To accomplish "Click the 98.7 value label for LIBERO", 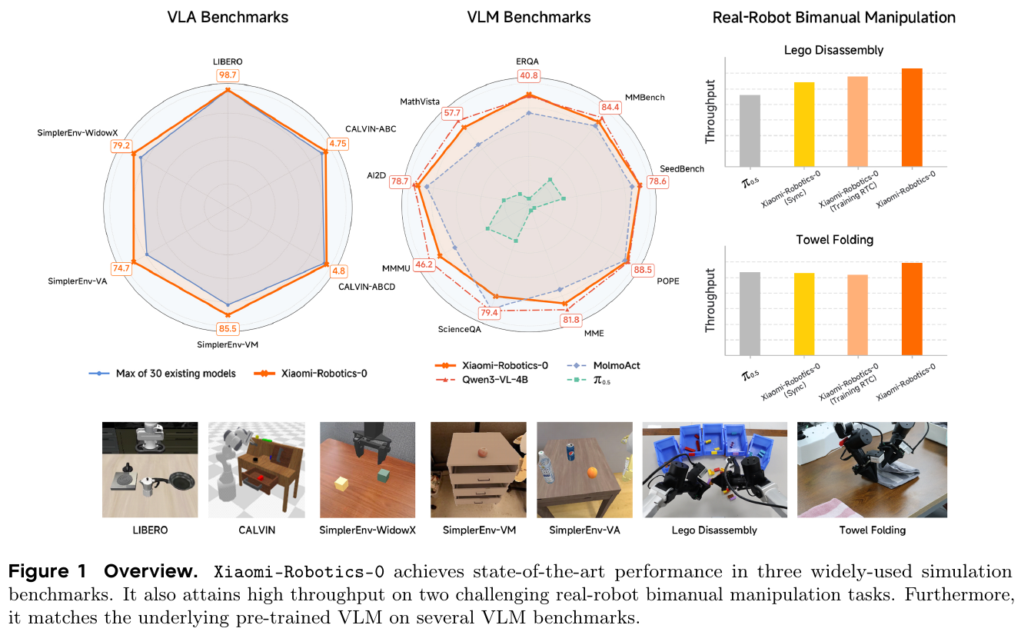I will (x=228, y=75).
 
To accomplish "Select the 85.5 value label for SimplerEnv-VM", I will (x=228, y=329).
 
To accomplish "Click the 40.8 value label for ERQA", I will (x=529, y=76).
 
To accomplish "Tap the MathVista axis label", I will (x=420, y=101).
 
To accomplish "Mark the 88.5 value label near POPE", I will (x=643, y=270).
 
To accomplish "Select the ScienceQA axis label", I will (x=460, y=329).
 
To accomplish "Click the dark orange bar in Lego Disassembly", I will (x=911, y=117).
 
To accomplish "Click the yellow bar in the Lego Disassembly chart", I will (x=804, y=124).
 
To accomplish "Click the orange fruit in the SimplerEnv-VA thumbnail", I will (x=593, y=472).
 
